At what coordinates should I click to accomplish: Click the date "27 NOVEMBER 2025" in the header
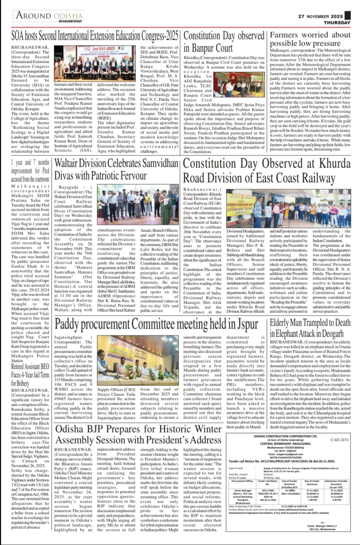tap(320, 16)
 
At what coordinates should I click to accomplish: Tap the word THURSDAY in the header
tap(337, 23)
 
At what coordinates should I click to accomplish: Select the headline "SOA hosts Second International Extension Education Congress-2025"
tap(94, 37)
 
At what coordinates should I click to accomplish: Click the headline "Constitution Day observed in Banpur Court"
tap(224, 42)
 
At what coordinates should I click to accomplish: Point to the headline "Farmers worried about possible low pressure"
tap(310, 39)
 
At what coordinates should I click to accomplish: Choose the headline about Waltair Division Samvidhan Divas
tap(116, 169)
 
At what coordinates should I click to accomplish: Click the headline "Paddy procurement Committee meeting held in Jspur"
tap(156, 324)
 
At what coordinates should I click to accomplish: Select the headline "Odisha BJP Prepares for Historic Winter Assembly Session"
tap(138, 434)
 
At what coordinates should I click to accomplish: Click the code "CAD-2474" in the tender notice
tap(339, 440)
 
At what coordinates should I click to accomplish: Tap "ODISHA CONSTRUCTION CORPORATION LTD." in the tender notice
tap(285, 436)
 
